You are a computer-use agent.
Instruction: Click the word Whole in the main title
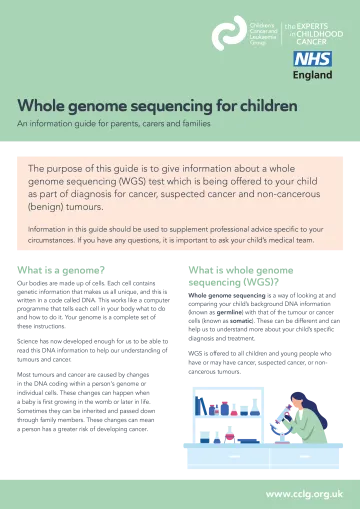tap(40, 106)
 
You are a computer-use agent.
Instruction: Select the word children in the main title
tap(261, 106)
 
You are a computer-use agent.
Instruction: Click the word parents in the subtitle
tap(115, 124)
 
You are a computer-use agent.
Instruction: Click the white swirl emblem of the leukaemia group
tap(228, 32)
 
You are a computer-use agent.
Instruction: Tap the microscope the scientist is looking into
tap(291, 420)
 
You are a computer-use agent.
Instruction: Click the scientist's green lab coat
tap(314, 428)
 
